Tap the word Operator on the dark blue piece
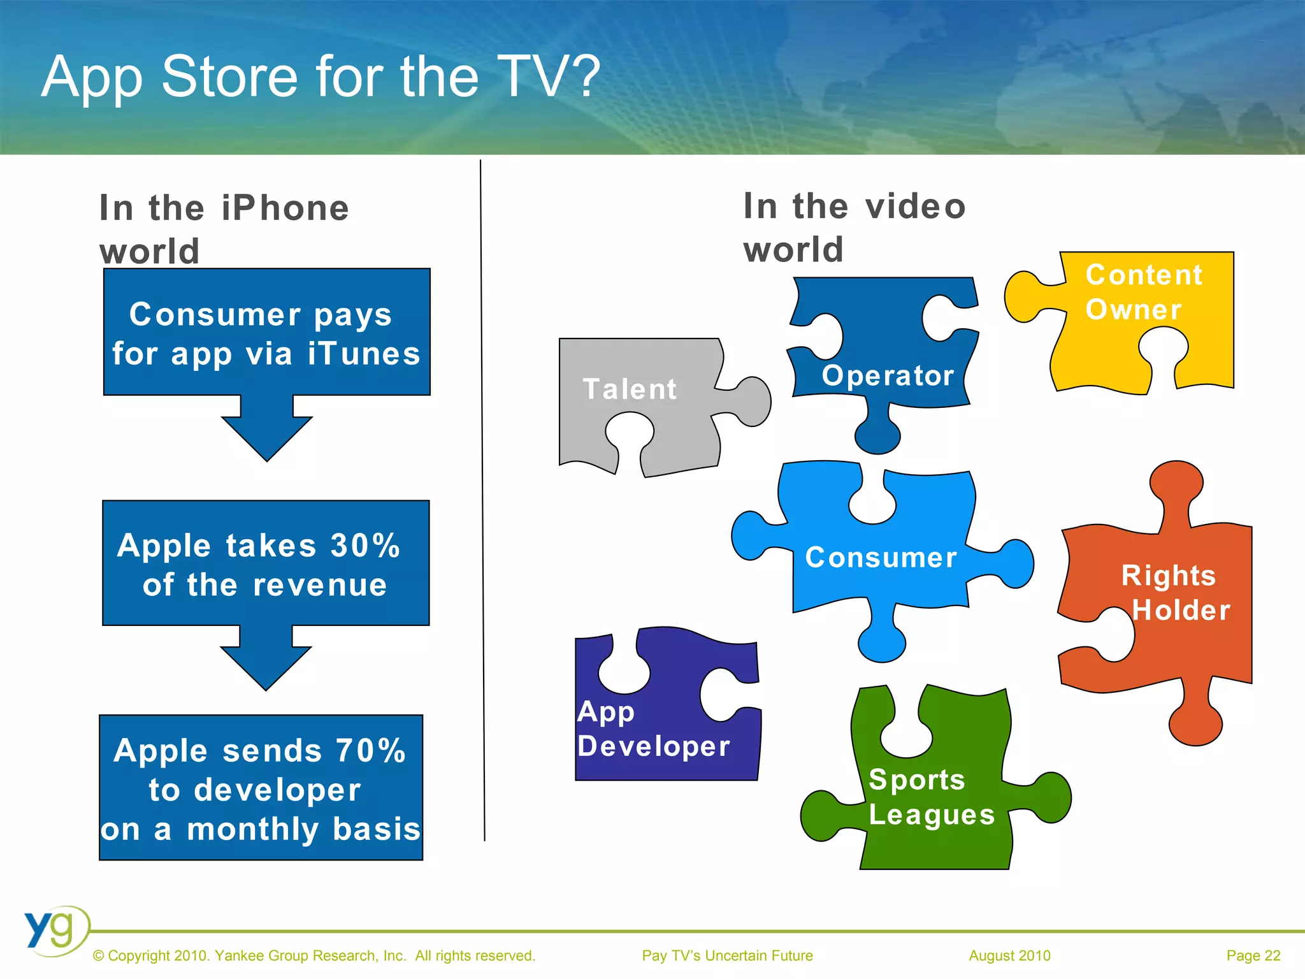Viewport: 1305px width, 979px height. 888,375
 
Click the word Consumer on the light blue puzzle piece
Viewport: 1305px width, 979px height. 881,558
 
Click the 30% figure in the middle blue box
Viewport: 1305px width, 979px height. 365,546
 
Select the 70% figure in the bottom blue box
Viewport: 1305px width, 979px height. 370,751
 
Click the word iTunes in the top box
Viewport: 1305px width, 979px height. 364,354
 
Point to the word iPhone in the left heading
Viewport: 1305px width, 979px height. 285,208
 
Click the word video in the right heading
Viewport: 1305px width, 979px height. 916,207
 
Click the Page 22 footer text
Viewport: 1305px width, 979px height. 1253,955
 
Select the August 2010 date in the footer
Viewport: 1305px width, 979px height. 1009,955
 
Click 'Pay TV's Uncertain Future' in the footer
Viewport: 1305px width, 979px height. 727,955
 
